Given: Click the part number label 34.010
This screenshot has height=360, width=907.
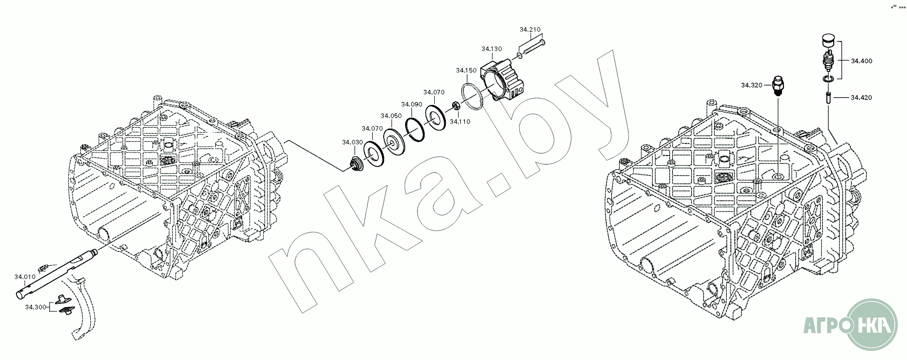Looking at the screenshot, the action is (x=25, y=277).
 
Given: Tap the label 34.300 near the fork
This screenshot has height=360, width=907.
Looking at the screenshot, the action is (x=36, y=307).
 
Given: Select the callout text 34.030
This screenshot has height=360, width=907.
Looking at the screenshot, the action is (x=353, y=142).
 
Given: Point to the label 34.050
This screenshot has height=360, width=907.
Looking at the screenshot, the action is (x=391, y=116).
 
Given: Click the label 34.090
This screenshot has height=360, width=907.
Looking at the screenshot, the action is (x=412, y=104).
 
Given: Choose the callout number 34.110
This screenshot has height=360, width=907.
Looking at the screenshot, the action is (x=460, y=122).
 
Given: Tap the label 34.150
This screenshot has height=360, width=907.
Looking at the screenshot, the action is (x=466, y=70).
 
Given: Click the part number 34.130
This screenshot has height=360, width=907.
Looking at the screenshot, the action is (x=492, y=49).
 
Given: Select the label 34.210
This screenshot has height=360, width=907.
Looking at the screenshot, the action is (x=530, y=30).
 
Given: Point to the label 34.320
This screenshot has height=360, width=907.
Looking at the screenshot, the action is (x=752, y=85).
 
